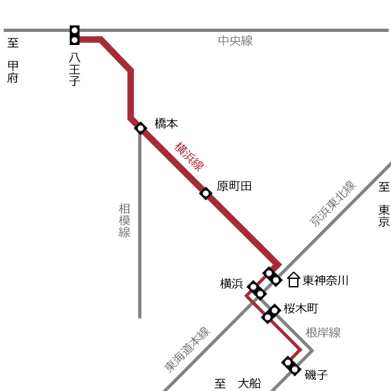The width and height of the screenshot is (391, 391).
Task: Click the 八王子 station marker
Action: (74, 35)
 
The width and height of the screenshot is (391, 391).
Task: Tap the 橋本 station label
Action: (166, 123)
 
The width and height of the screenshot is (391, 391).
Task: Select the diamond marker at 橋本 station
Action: (140, 128)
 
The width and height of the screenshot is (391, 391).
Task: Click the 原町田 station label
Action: (234, 186)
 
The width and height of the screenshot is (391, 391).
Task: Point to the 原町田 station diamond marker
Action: (206, 194)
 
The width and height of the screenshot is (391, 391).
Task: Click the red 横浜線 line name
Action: (189, 157)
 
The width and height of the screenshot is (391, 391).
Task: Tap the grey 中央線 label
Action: (235, 40)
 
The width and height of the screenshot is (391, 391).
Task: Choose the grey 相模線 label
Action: (124, 220)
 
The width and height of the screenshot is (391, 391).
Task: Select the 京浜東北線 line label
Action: (333, 204)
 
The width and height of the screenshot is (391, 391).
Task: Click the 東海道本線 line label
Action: (187, 349)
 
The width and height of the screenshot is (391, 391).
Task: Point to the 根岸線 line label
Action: (323, 332)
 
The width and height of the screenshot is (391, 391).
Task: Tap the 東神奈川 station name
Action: (325, 280)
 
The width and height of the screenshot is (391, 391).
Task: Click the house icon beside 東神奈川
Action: (293, 280)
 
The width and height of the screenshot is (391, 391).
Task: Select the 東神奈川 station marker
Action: (272, 277)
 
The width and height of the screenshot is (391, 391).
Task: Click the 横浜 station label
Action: (231, 283)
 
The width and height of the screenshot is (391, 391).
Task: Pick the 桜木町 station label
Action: (300, 308)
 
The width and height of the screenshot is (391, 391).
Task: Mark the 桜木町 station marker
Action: (271, 314)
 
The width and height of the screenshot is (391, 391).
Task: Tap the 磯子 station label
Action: (316, 375)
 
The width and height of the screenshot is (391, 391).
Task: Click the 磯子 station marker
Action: (291, 366)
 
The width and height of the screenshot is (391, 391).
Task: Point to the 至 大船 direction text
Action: (238, 384)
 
